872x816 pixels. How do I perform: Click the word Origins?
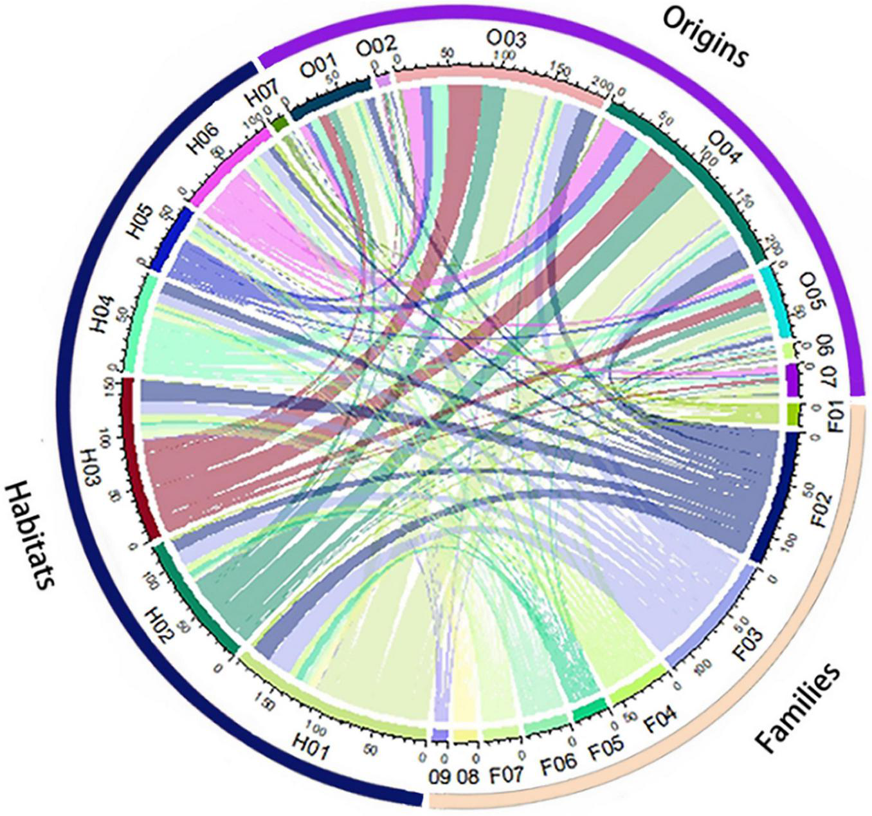[x=705, y=37]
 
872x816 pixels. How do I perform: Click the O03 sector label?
[x=505, y=40]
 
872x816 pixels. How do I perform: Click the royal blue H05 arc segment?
[x=173, y=237]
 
